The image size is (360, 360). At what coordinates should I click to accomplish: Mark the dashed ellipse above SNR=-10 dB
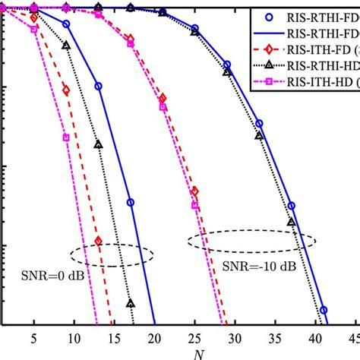point(247,241)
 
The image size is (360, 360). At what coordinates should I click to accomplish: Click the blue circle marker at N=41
point(324,311)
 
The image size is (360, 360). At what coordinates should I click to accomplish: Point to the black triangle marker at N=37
point(291,223)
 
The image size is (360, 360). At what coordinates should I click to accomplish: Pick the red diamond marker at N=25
point(195,191)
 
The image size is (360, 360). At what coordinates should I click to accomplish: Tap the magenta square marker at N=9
point(66,137)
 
